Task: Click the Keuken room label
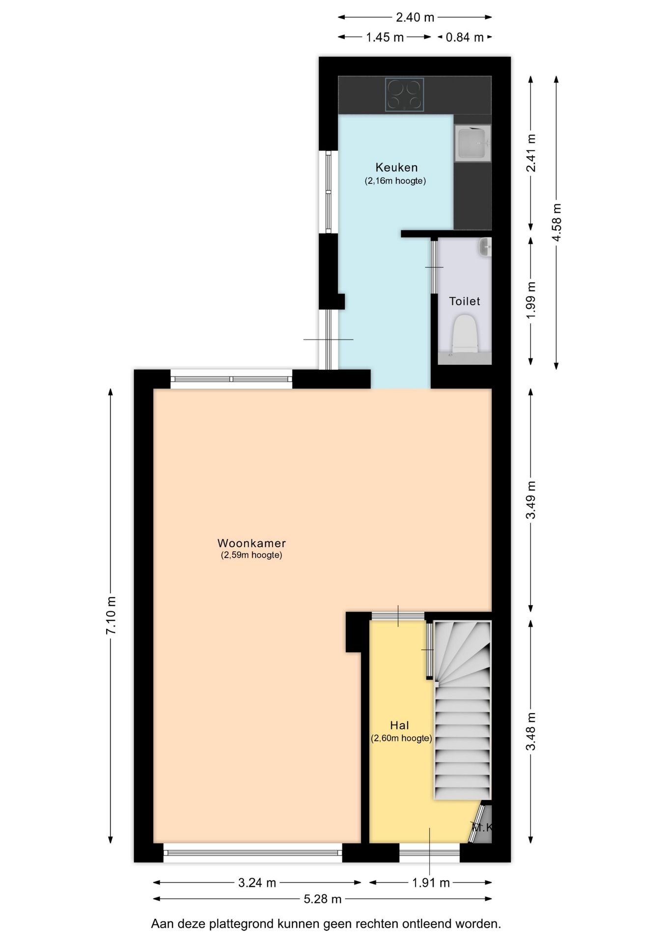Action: (396, 167)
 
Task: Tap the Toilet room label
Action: (464, 301)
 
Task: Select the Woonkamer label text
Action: (251, 543)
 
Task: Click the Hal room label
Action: (399, 725)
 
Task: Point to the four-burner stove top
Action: (404, 95)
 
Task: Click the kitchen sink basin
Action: (472, 143)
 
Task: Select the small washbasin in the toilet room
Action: (485, 247)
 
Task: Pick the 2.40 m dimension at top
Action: (415, 17)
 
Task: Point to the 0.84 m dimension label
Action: (464, 37)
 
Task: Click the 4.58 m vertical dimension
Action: (556, 222)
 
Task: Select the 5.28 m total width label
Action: (322, 899)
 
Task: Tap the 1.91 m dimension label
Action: (430, 883)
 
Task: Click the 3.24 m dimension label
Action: (257, 883)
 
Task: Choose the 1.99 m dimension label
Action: (531, 300)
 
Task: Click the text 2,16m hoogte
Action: (395, 181)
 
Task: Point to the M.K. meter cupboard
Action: (481, 828)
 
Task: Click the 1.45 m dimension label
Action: (385, 37)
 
